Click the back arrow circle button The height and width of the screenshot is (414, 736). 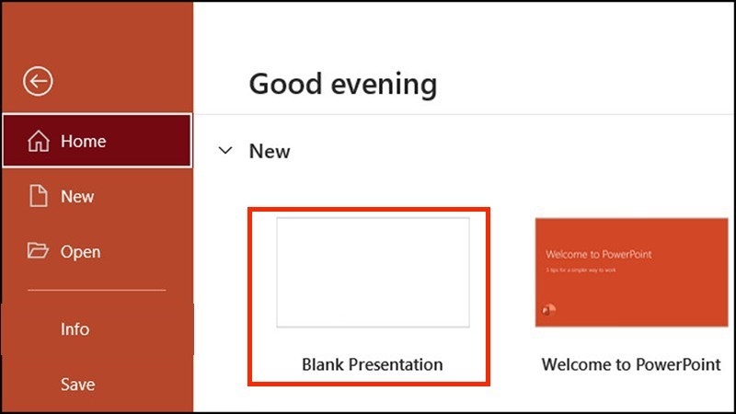point(39,82)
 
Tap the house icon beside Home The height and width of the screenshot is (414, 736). point(39,142)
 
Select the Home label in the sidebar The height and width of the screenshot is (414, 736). point(84,142)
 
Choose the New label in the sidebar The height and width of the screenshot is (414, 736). point(78,196)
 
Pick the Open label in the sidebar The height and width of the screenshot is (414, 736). point(81,251)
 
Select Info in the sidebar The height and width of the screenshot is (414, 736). point(75,328)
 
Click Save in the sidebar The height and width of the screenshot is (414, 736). point(78,384)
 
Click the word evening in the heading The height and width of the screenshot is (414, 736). point(385,84)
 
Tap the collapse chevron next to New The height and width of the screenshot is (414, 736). point(225,151)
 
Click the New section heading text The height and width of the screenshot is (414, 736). point(270,151)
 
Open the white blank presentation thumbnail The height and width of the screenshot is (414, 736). point(373,272)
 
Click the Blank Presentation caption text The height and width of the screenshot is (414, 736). point(373,364)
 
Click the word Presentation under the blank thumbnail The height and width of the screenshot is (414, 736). point(397,364)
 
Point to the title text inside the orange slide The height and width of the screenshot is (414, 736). point(598,254)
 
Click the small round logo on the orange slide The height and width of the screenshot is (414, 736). point(550,310)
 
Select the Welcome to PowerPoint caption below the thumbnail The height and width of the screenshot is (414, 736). point(631,364)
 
